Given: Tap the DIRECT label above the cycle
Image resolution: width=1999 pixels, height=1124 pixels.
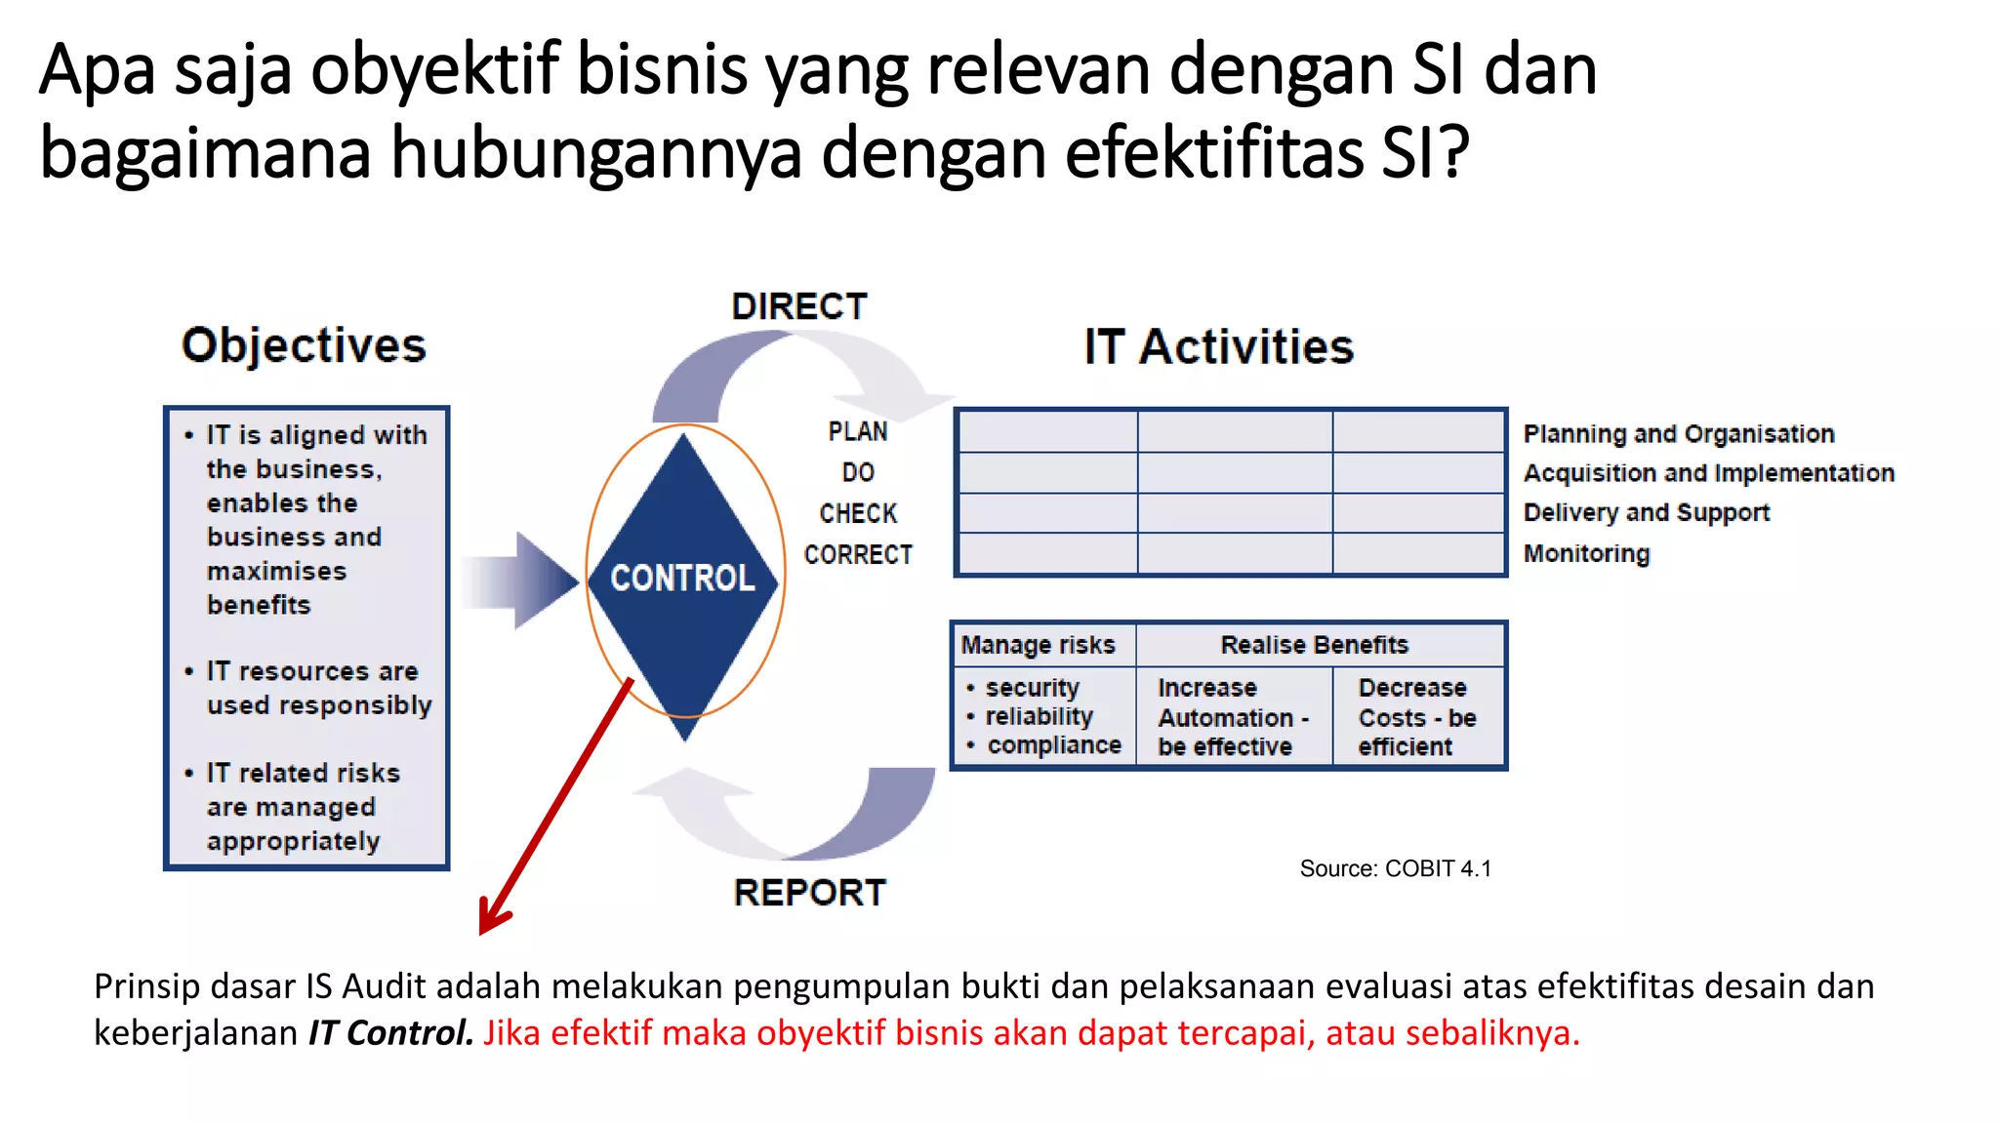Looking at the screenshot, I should tap(799, 307).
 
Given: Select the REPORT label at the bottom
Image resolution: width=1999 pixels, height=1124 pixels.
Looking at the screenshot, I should tap(809, 893).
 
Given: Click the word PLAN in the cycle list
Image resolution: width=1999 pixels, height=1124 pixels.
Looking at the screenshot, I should tap(858, 431).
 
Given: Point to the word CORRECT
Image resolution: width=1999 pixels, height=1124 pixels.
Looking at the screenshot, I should tap(858, 555).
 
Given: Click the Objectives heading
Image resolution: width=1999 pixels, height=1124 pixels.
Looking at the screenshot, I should tap(304, 345).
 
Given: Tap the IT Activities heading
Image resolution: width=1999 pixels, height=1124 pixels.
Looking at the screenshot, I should tap(1218, 347).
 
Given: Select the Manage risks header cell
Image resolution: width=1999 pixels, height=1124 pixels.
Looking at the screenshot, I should tap(1039, 645).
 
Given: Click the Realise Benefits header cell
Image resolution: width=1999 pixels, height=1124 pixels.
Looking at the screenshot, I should tap(1314, 645).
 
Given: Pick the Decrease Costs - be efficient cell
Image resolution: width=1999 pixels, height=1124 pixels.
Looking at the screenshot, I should tap(1416, 717).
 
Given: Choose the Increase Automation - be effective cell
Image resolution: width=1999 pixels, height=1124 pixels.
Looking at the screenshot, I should tap(1232, 717).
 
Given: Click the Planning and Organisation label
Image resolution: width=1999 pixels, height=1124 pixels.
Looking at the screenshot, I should tap(1679, 433).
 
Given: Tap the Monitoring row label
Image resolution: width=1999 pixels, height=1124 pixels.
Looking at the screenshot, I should tap(1586, 553).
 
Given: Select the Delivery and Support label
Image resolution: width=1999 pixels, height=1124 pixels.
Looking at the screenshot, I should tap(1647, 512).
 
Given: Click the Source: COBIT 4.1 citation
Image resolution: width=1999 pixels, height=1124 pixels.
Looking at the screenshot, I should tap(1395, 868).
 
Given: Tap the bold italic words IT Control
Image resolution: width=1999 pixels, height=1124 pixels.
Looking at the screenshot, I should tap(390, 1032).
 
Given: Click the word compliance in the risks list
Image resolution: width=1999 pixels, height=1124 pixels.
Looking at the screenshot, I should tap(1053, 745).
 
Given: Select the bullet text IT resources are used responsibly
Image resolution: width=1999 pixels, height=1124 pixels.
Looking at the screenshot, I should tap(318, 688).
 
